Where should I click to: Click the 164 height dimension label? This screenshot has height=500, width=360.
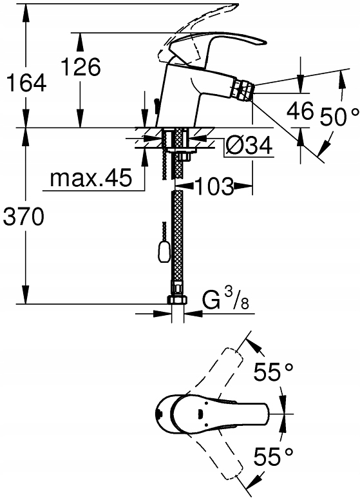click(x=26, y=82)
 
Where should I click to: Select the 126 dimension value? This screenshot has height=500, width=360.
click(x=81, y=66)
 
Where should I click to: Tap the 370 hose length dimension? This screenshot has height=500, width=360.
click(x=23, y=218)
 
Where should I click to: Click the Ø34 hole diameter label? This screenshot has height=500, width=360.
click(x=249, y=146)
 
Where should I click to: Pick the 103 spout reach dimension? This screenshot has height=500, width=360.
click(x=214, y=186)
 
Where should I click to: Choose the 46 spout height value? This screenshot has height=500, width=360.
click(x=300, y=111)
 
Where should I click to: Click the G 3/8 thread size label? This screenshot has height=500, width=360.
click(x=225, y=300)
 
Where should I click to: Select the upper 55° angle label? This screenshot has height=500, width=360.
click(x=273, y=372)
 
